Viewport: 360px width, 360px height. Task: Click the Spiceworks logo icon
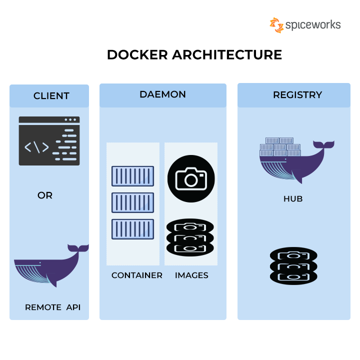pos(276,25)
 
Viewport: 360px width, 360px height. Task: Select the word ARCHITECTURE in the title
pos(227,54)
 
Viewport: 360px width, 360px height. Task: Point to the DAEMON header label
pos(162,94)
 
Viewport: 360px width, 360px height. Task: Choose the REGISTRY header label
pos(297,95)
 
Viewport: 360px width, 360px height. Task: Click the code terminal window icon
pos(49,141)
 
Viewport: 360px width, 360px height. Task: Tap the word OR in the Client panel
pos(45,195)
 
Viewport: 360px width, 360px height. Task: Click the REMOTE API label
pos(52,307)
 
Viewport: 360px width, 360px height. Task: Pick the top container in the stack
pos(132,176)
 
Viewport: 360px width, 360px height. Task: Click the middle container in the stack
pos(132,202)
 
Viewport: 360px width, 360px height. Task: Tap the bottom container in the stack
pos(132,229)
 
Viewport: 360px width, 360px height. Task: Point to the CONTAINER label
pos(136,275)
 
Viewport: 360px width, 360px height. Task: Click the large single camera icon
pos(191,178)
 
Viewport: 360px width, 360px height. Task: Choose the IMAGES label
pos(191,275)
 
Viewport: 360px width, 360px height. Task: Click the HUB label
pos(293,199)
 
